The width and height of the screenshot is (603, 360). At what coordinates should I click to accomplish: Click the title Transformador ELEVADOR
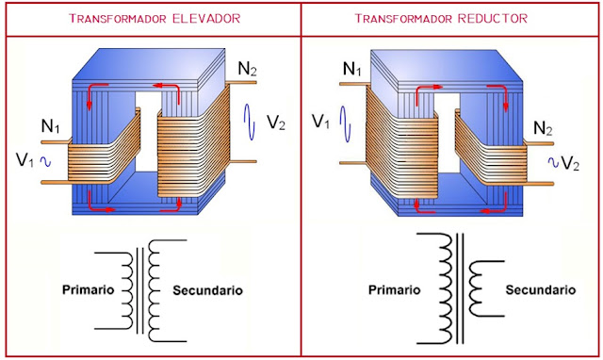click(x=150, y=19)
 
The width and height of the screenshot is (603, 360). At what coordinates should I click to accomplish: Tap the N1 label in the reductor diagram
click(x=351, y=70)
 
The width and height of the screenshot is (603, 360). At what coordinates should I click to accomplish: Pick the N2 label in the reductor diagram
click(x=544, y=128)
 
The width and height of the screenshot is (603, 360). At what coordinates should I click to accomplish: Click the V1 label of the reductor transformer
click(x=321, y=121)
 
